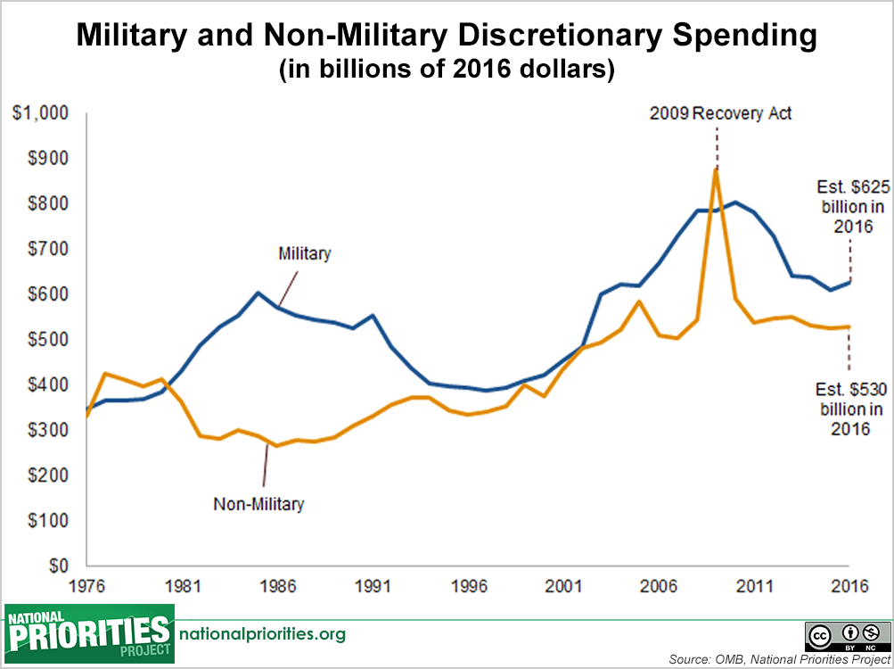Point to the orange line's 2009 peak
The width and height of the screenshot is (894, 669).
pyautogui.click(x=715, y=169)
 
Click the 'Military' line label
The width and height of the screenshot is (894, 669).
pyautogui.click(x=304, y=253)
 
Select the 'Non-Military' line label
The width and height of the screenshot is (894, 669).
pyautogui.click(x=258, y=504)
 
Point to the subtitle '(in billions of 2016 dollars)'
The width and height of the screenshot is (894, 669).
pyautogui.click(x=447, y=70)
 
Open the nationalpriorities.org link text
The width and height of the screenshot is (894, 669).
pyautogui.click(x=263, y=634)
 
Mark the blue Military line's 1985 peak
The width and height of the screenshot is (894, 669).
pyautogui.click(x=258, y=293)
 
